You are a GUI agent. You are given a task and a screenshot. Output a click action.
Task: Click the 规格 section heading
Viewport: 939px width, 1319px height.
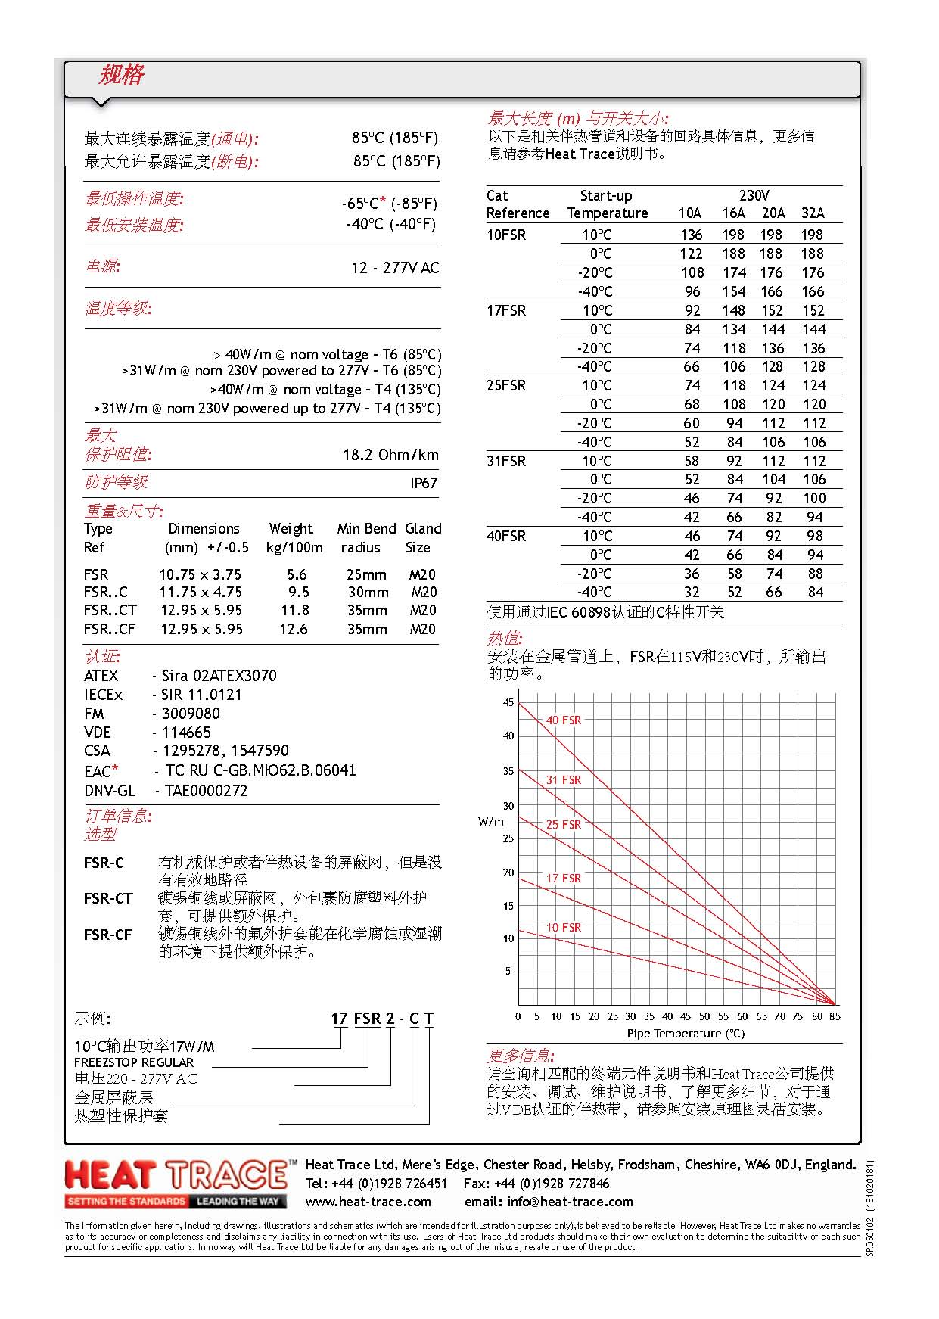pos(121,75)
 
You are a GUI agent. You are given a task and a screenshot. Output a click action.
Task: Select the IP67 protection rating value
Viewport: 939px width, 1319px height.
pos(424,483)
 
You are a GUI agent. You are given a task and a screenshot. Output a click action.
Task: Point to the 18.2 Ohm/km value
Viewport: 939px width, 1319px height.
pos(390,455)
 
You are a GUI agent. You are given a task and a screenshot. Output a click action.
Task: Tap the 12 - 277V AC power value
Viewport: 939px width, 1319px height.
pos(395,268)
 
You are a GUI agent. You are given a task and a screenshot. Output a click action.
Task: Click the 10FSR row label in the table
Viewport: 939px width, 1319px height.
pos(506,235)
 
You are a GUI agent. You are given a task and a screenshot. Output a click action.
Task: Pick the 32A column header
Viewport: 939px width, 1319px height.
pos(813,213)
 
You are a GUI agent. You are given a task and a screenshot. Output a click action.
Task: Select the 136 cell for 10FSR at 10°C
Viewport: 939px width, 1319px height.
pos(692,235)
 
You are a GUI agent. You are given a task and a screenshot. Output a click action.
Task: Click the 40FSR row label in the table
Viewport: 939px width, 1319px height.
pos(506,536)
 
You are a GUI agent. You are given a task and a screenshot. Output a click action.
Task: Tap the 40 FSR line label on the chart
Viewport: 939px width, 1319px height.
pos(564,720)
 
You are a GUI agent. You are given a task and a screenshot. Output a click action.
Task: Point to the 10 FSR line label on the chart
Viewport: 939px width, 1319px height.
pos(564,928)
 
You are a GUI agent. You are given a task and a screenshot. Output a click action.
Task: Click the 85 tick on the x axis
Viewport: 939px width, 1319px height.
pos(835,1016)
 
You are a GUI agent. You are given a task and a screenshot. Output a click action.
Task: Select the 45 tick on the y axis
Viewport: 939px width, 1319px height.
pos(508,702)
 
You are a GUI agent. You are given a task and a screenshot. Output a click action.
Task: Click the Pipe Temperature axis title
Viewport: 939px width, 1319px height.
pos(686,1034)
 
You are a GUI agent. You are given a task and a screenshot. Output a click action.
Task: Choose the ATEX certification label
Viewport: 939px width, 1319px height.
pos(101,676)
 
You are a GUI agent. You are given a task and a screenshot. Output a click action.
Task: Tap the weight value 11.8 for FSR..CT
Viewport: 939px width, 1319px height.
pos(295,611)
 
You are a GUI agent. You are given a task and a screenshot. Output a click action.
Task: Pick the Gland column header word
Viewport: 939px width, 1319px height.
pos(423,529)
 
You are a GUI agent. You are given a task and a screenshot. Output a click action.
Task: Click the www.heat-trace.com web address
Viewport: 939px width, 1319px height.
pos(368,1202)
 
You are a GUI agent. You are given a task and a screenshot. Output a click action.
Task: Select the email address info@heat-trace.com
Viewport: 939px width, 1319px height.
pos(549,1202)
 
